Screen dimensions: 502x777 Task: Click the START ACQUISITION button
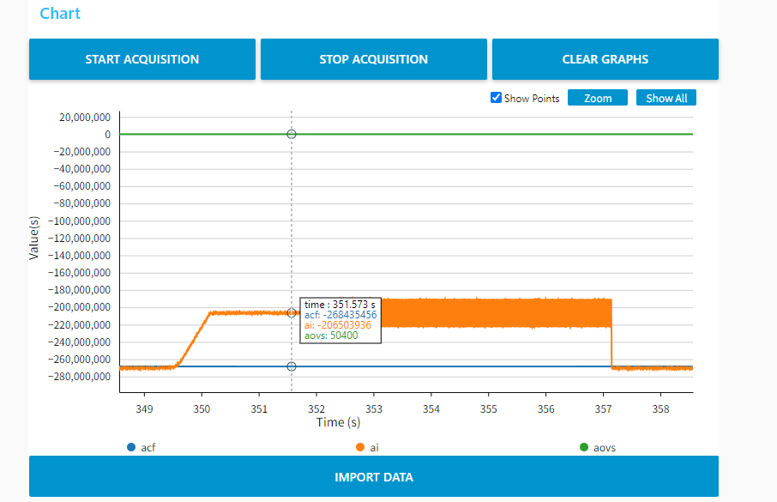[x=142, y=59]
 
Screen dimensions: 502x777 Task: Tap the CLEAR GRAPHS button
[x=605, y=59]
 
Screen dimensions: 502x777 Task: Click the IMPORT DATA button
[x=374, y=477]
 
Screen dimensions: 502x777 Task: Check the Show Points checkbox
[x=496, y=98]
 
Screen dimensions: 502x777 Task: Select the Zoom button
[x=598, y=98]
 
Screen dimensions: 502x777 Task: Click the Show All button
[x=666, y=98]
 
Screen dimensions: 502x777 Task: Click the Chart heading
[x=60, y=14]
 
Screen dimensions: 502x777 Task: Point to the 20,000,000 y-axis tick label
[x=83, y=118]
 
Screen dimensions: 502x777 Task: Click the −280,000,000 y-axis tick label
[x=81, y=377]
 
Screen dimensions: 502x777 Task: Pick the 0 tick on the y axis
[x=107, y=135]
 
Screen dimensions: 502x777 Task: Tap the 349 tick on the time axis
[x=145, y=408]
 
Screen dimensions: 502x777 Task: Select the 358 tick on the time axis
[x=660, y=408]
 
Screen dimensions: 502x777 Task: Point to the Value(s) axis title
[x=34, y=238]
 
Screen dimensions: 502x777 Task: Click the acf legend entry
[x=143, y=448]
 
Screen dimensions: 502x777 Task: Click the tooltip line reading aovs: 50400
[x=331, y=336]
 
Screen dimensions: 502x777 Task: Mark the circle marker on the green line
[x=292, y=134]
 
